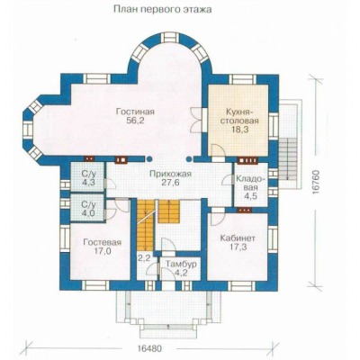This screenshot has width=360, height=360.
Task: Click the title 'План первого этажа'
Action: click(163, 10)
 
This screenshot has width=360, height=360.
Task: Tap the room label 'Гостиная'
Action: click(135, 112)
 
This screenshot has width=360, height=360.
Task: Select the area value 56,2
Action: click(136, 121)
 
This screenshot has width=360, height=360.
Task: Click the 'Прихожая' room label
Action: click(170, 175)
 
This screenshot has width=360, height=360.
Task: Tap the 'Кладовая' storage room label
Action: click(251, 184)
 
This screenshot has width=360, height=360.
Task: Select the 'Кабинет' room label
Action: click(238, 238)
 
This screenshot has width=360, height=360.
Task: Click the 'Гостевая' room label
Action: click(103, 242)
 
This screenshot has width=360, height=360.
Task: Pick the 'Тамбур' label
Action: click(182, 265)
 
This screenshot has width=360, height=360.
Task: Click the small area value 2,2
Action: click(144, 258)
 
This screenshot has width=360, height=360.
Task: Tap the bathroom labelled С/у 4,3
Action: click(88, 177)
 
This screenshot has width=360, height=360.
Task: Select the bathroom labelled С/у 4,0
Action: click(88, 209)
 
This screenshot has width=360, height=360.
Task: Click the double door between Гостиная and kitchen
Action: click(197, 119)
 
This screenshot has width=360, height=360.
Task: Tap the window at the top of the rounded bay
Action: click(171, 38)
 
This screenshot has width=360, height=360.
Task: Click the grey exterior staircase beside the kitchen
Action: click(287, 159)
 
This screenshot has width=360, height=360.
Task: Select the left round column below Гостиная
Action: click(149, 159)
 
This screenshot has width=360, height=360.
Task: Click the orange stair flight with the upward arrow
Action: click(169, 211)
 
